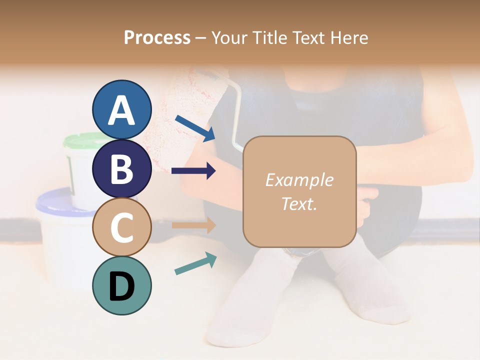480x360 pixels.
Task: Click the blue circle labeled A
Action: (x=121, y=109)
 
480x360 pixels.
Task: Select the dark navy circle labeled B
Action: (x=121, y=168)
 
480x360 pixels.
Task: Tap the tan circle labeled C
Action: (x=121, y=227)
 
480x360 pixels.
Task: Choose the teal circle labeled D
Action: (x=121, y=285)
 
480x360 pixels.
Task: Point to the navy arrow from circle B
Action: (x=193, y=171)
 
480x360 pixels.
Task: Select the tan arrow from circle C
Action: (x=193, y=225)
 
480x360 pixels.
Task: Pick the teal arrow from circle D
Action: (x=195, y=263)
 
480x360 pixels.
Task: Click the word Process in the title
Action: (x=157, y=37)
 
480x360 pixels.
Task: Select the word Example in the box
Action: (x=299, y=180)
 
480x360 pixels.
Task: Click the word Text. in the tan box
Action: (x=299, y=203)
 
